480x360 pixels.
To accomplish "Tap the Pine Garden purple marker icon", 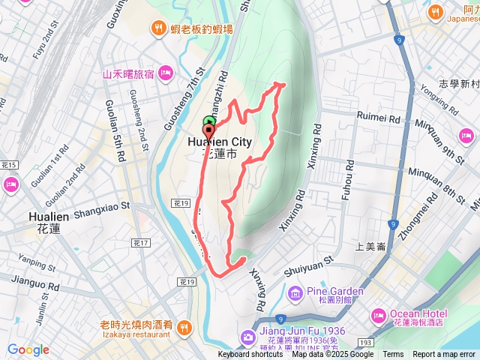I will point(294,292).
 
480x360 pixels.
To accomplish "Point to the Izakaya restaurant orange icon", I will point(184,325).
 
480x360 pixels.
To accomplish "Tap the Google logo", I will point(28,349).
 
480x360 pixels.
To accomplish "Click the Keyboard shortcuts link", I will point(250,355).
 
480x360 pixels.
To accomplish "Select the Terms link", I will point(393,355).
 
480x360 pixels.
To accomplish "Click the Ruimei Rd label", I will point(379,118).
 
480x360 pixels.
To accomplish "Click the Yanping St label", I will point(32,262).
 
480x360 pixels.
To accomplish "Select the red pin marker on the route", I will point(208,130).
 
